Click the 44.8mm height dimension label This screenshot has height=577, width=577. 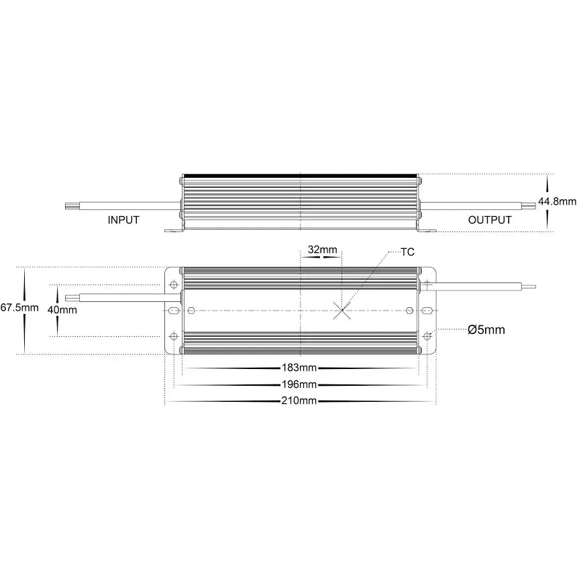click(557, 202)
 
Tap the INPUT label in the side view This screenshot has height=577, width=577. click(123, 220)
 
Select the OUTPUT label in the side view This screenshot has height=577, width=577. click(490, 220)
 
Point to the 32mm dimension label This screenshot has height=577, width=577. click(322, 250)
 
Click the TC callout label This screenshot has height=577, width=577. click(407, 252)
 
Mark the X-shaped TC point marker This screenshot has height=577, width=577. click(342, 311)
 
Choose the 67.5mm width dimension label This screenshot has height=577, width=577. click(19, 307)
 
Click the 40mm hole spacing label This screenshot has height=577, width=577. click(62, 310)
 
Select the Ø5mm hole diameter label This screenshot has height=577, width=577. click(486, 329)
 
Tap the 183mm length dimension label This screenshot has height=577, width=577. click(299, 368)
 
